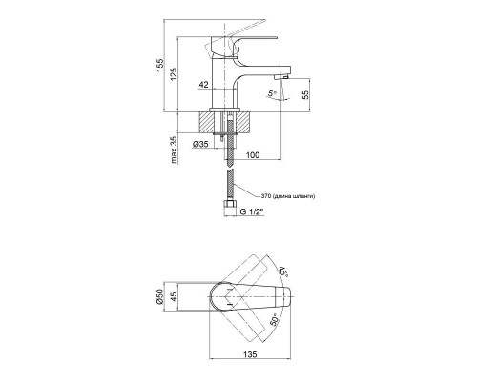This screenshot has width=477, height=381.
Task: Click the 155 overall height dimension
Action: click(161, 70)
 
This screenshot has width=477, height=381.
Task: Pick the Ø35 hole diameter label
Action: click(201, 144)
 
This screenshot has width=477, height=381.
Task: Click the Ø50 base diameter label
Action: click(159, 303)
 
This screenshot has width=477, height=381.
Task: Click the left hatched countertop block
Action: click(210, 122)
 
